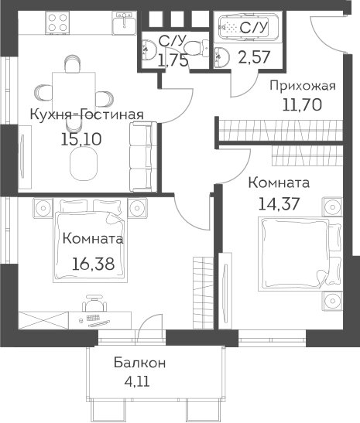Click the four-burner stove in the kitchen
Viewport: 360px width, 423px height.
click(57, 22)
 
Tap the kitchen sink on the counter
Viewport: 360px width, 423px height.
click(124, 23)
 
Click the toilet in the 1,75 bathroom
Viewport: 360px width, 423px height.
click(197, 48)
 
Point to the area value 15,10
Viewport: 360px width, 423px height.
click(81, 139)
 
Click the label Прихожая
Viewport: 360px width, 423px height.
click(303, 87)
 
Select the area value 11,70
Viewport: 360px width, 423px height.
click(302, 104)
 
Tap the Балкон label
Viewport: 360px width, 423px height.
click(139, 363)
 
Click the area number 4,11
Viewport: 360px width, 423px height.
click(137, 381)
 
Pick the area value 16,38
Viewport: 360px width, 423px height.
click(93, 264)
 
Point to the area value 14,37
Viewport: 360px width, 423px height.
click(279, 203)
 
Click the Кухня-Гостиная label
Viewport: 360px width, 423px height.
click(87, 115)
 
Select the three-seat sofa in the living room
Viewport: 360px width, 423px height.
click(143, 157)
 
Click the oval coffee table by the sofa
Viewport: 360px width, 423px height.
click(83, 165)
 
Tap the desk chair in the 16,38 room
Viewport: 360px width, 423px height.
click(94, 303)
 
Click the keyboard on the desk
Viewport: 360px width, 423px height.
click(93, 318)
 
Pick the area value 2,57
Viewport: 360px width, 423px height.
click(254, 57)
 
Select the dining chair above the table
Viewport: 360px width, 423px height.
click(73, 63)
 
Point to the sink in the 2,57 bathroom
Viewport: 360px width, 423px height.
click(221, 57)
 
